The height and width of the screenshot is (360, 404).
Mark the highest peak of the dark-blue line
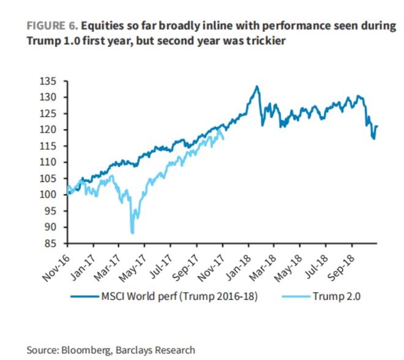[256, 86]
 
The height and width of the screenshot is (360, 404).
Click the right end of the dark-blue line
[377, 127]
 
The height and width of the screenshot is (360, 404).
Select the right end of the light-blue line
[223, 138]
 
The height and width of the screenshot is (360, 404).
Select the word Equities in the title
[101, 26]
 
